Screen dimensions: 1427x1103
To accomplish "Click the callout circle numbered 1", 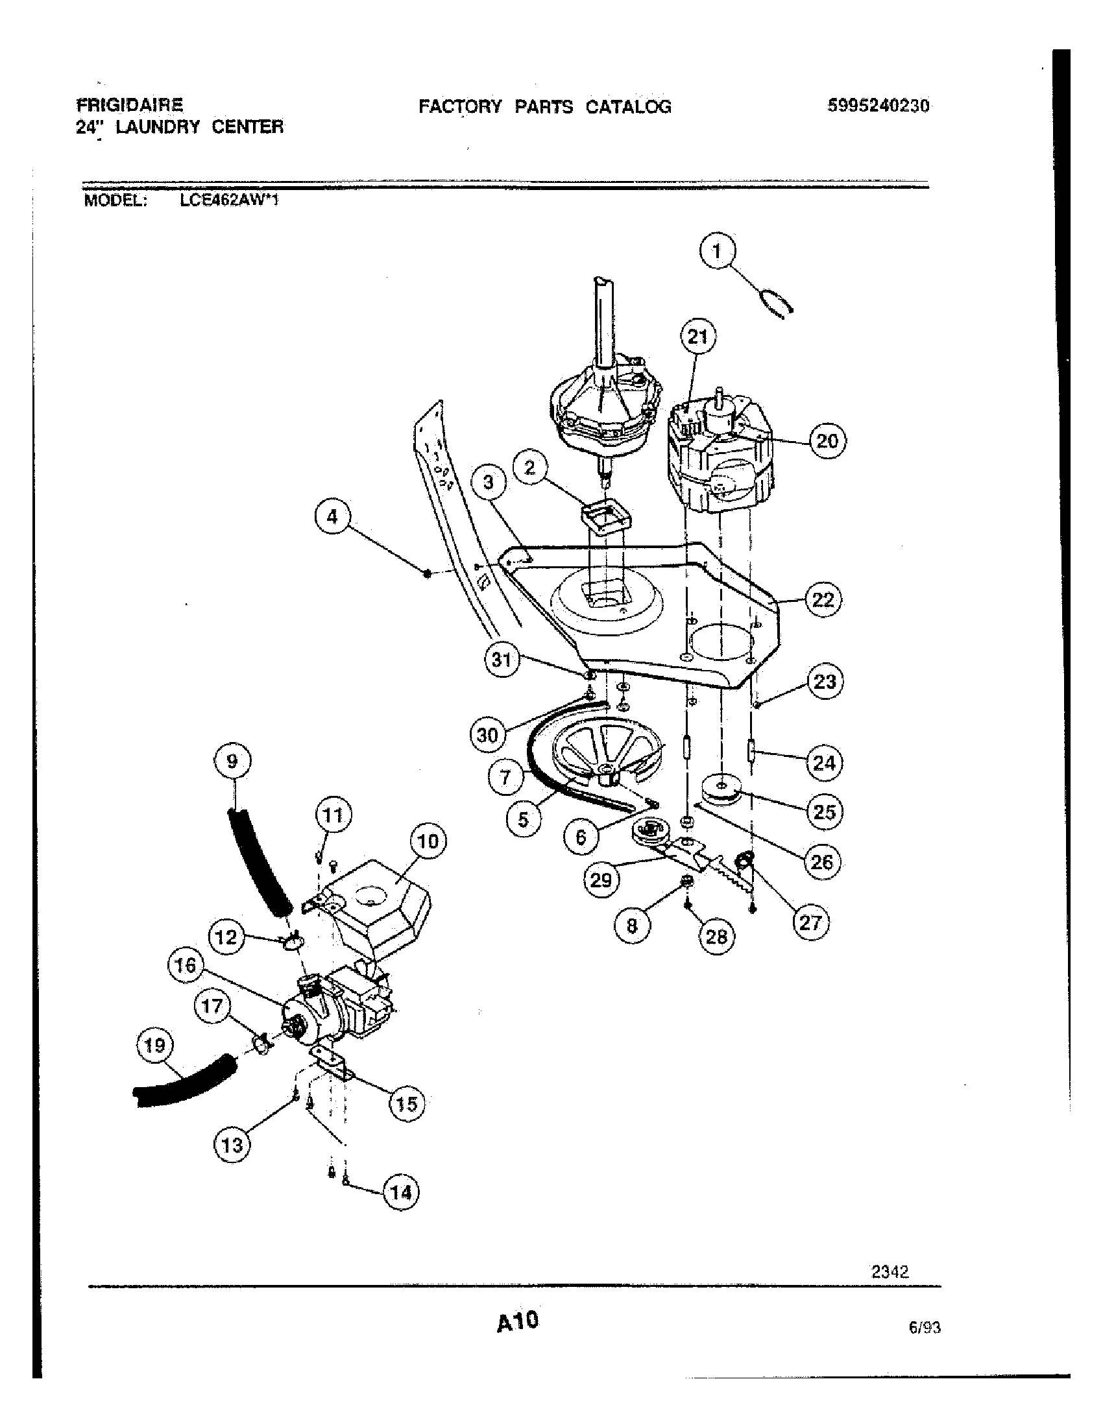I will point(717,252).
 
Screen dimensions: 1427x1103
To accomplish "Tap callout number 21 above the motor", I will point(698,337).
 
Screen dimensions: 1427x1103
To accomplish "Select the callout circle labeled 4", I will point(333,517).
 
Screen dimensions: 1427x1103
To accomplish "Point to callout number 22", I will point(823,599).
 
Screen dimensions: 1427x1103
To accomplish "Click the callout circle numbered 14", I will point(400,1192).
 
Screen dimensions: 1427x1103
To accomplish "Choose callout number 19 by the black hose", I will point(155,1046).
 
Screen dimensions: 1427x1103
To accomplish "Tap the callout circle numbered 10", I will point(428,841).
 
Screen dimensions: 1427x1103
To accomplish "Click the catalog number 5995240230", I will point(878,106).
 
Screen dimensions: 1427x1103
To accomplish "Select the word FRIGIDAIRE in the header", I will point(130,104).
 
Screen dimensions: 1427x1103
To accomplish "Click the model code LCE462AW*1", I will point(229,200).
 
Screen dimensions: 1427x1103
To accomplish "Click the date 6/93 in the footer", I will point(924,1327).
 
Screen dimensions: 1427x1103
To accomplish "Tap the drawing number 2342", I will point(890,1271).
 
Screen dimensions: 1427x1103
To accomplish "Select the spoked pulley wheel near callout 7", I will point(605,756).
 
